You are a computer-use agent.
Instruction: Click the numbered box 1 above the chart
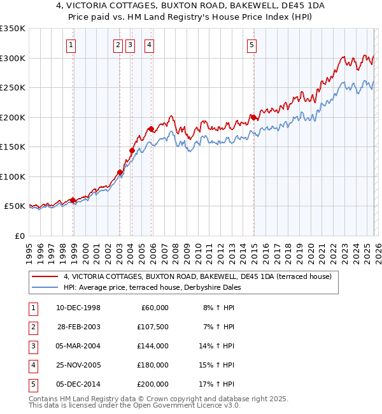[x=70, y=45]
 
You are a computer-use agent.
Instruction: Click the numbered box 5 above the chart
[x=251, y=45]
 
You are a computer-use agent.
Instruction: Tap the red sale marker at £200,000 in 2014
[x=253, y=117]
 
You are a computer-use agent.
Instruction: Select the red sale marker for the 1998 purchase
[x=73, y=200]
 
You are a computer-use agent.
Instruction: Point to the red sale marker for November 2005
[x=151, y=129]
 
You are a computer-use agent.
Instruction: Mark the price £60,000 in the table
[x=153, y=308]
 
